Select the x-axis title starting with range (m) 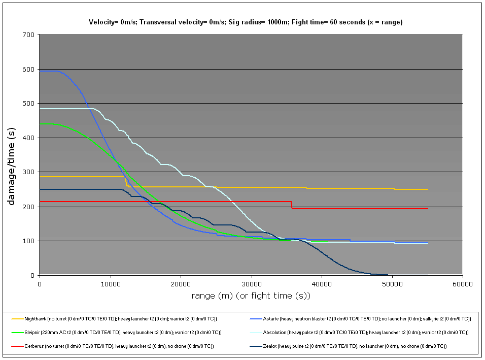(251, 296)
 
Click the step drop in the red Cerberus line (292, 205)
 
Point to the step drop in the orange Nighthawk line (126, 182)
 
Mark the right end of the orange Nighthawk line (428, 189)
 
